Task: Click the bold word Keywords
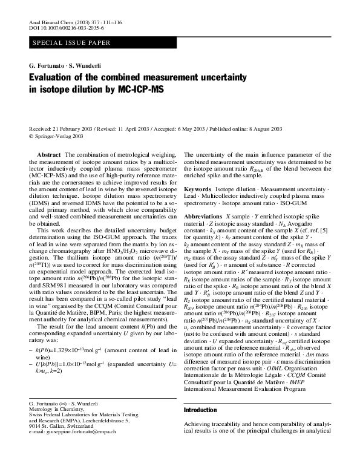[198, 189]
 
